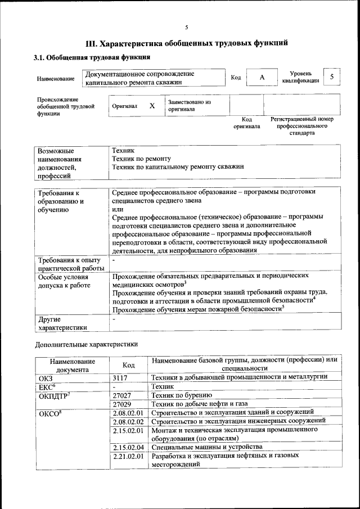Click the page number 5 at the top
(186, 26)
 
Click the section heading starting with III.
(186, 43)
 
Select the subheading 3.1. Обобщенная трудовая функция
(91, 57)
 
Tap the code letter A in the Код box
(262, 78)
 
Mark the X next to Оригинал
(152, 106)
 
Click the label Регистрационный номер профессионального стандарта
(302, 127)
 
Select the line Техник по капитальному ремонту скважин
(178, 167)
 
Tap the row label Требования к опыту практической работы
(68, 264)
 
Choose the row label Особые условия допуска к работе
(64, 281)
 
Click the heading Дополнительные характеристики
(86, 344)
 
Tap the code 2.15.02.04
(128, 447)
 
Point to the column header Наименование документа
(72, 365)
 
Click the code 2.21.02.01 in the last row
(128, 456)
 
